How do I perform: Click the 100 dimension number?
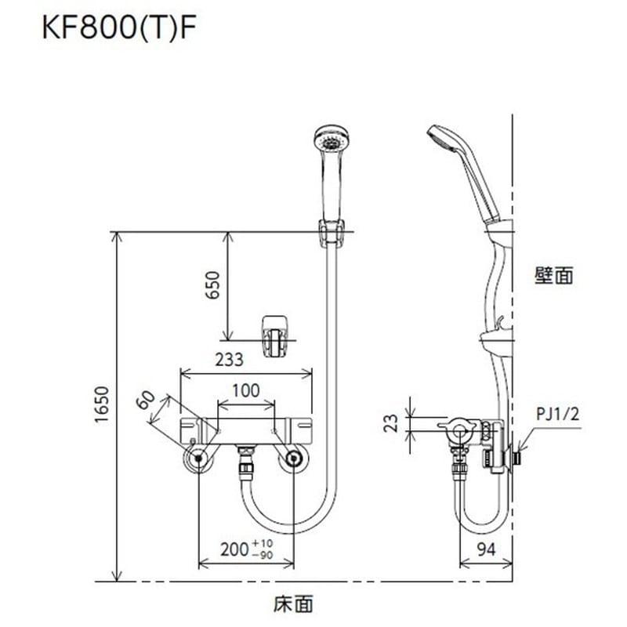tap(246, 390)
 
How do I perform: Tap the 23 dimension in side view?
tap(397, 424)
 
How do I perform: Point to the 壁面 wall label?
tap(555, 275)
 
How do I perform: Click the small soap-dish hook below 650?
tap(274, 335)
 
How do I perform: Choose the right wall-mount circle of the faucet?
tap(294, 459)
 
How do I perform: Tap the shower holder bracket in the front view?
tap(331, 233)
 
